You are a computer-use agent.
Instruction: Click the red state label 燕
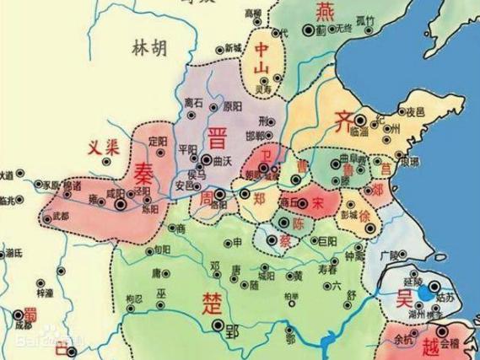[326, 12]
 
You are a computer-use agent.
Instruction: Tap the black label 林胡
[146, 48]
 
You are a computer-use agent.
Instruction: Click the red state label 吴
[402, 297]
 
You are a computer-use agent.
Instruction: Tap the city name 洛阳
[218, 205]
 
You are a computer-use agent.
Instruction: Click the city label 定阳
[157, 139]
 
